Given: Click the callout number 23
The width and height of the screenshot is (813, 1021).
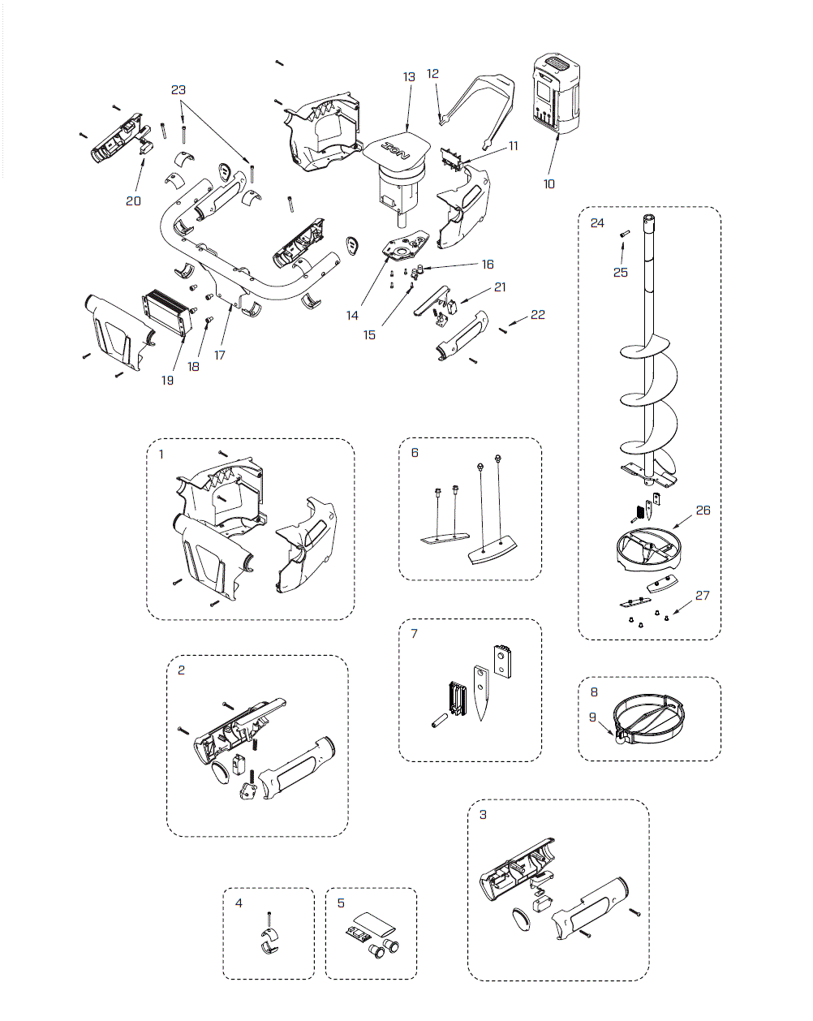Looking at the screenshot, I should pyautogui.click(x=179, y=90).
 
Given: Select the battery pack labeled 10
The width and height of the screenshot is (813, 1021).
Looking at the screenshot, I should pyautogui.click(x=556, y=95).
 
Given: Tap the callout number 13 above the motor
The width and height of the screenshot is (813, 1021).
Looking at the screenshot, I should pyautogui.click(x=409, y=77).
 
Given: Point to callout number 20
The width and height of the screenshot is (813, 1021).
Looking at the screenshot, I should pyautogui.click(x=133, y=200).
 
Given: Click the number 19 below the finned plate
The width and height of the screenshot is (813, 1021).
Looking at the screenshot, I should pyautogui.click(x=167, y=381).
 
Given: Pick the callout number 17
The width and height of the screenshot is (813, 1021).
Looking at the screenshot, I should pyautogui.click(x=220, y=355).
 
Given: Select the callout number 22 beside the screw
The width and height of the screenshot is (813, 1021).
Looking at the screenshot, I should pyautogui.click(x=538, y=315).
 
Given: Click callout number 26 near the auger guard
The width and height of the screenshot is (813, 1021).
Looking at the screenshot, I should pyautogui.click(x=703, y=510).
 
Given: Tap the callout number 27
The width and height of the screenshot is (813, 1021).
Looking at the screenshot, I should pyautogui.click(x=702, y=596).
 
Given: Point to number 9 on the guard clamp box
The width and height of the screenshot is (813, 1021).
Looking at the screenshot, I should pyautogui.click(x=592, y=717).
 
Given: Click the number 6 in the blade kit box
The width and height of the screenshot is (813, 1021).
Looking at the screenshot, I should pyautogui.click(x=415, y=453).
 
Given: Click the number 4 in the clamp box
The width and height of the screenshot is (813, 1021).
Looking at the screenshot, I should pyautogui.click(x=239, y=903).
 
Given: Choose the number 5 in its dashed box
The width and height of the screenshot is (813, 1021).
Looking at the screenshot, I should pyautogui.click(x=341, y=903).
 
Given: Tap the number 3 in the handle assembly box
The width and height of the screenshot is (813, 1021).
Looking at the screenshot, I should pyautogui.click(x=483, y=814).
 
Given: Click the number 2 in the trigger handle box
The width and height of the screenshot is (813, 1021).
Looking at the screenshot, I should pyautogui.click(x=181, y=670).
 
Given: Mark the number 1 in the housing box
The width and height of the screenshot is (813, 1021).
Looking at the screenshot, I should pyautogui.click(x=161, y=454).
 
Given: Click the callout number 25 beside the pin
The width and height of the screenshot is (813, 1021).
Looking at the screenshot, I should pyautogui.click(x=621, y=273).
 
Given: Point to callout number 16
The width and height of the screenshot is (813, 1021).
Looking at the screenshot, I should pyautogui.click(x=488, y=265).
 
